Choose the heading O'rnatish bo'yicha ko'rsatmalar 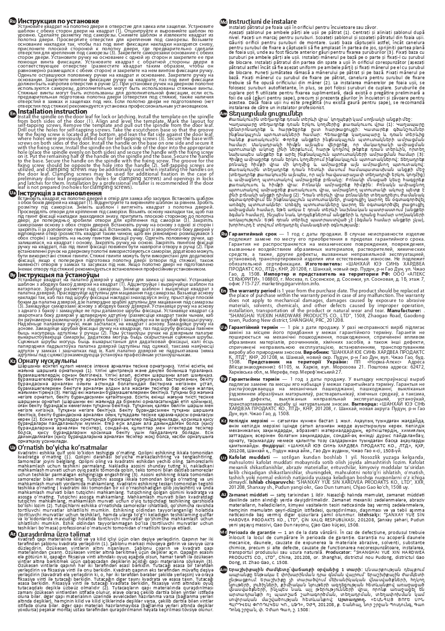(61, 447)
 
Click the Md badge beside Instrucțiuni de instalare (223, 21)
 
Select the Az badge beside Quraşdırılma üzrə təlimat (13, 532)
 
